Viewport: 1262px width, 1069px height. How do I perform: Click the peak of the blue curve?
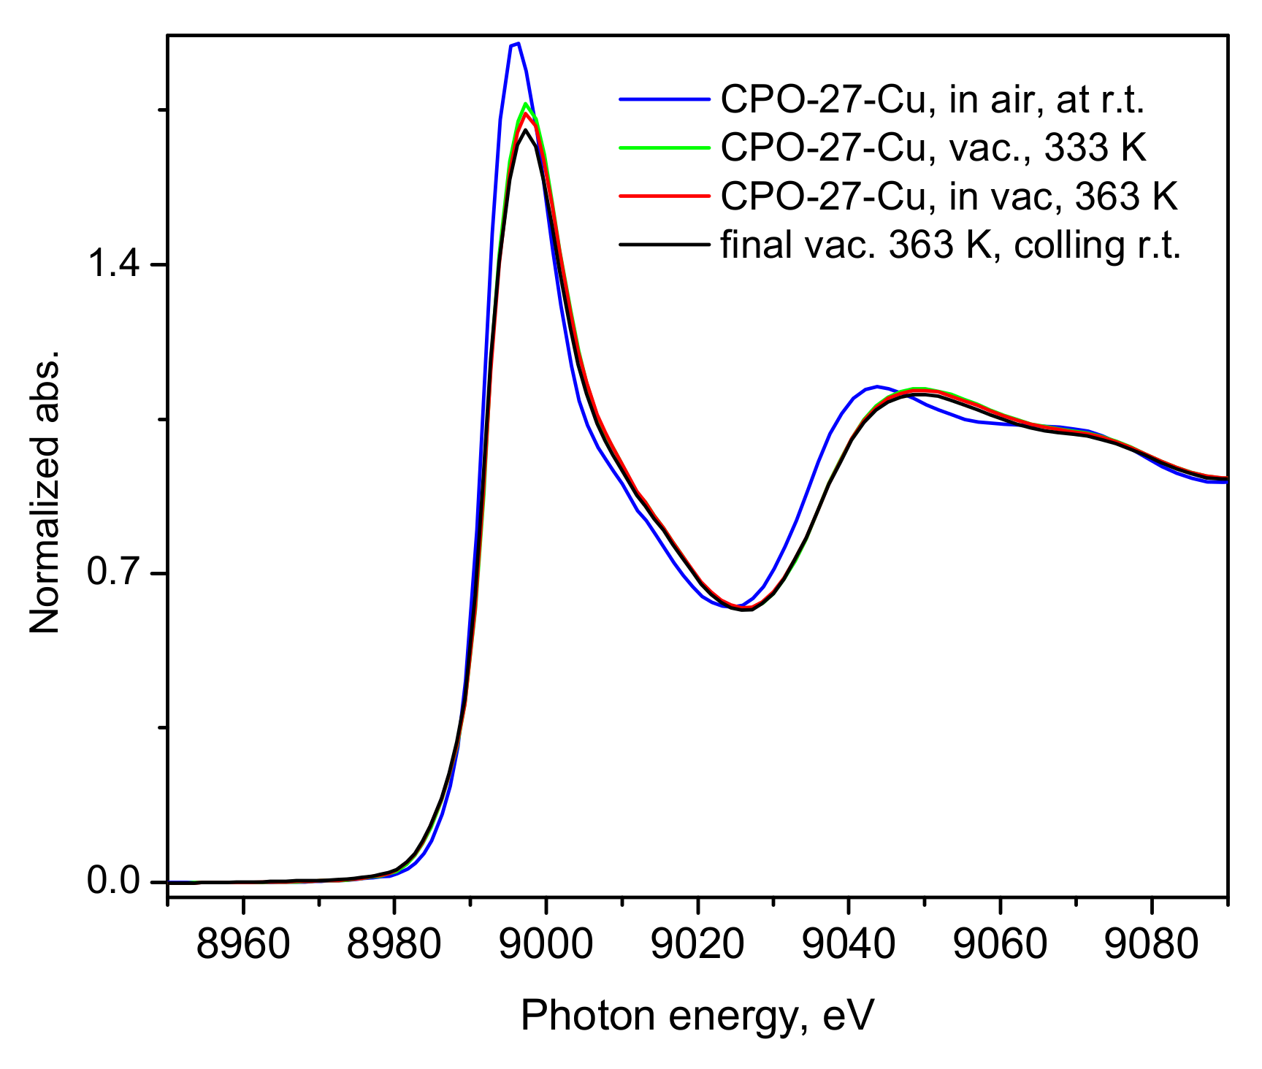[x=517, y=44]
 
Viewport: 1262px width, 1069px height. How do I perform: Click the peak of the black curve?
[x=525, y=130]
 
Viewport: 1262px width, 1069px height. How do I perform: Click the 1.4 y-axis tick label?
[x=112, y=264]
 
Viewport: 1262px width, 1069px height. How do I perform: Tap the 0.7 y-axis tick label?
[x=112, y=572]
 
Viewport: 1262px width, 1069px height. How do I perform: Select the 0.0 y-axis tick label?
[x=112, y=881]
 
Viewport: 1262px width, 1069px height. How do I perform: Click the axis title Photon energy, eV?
[x=697, y=1016]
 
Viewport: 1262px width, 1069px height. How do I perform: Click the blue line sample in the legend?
[x=664, y=99]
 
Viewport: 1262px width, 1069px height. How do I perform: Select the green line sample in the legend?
[x=664, y=147]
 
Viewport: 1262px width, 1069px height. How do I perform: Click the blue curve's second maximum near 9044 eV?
[x=876, y=386]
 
